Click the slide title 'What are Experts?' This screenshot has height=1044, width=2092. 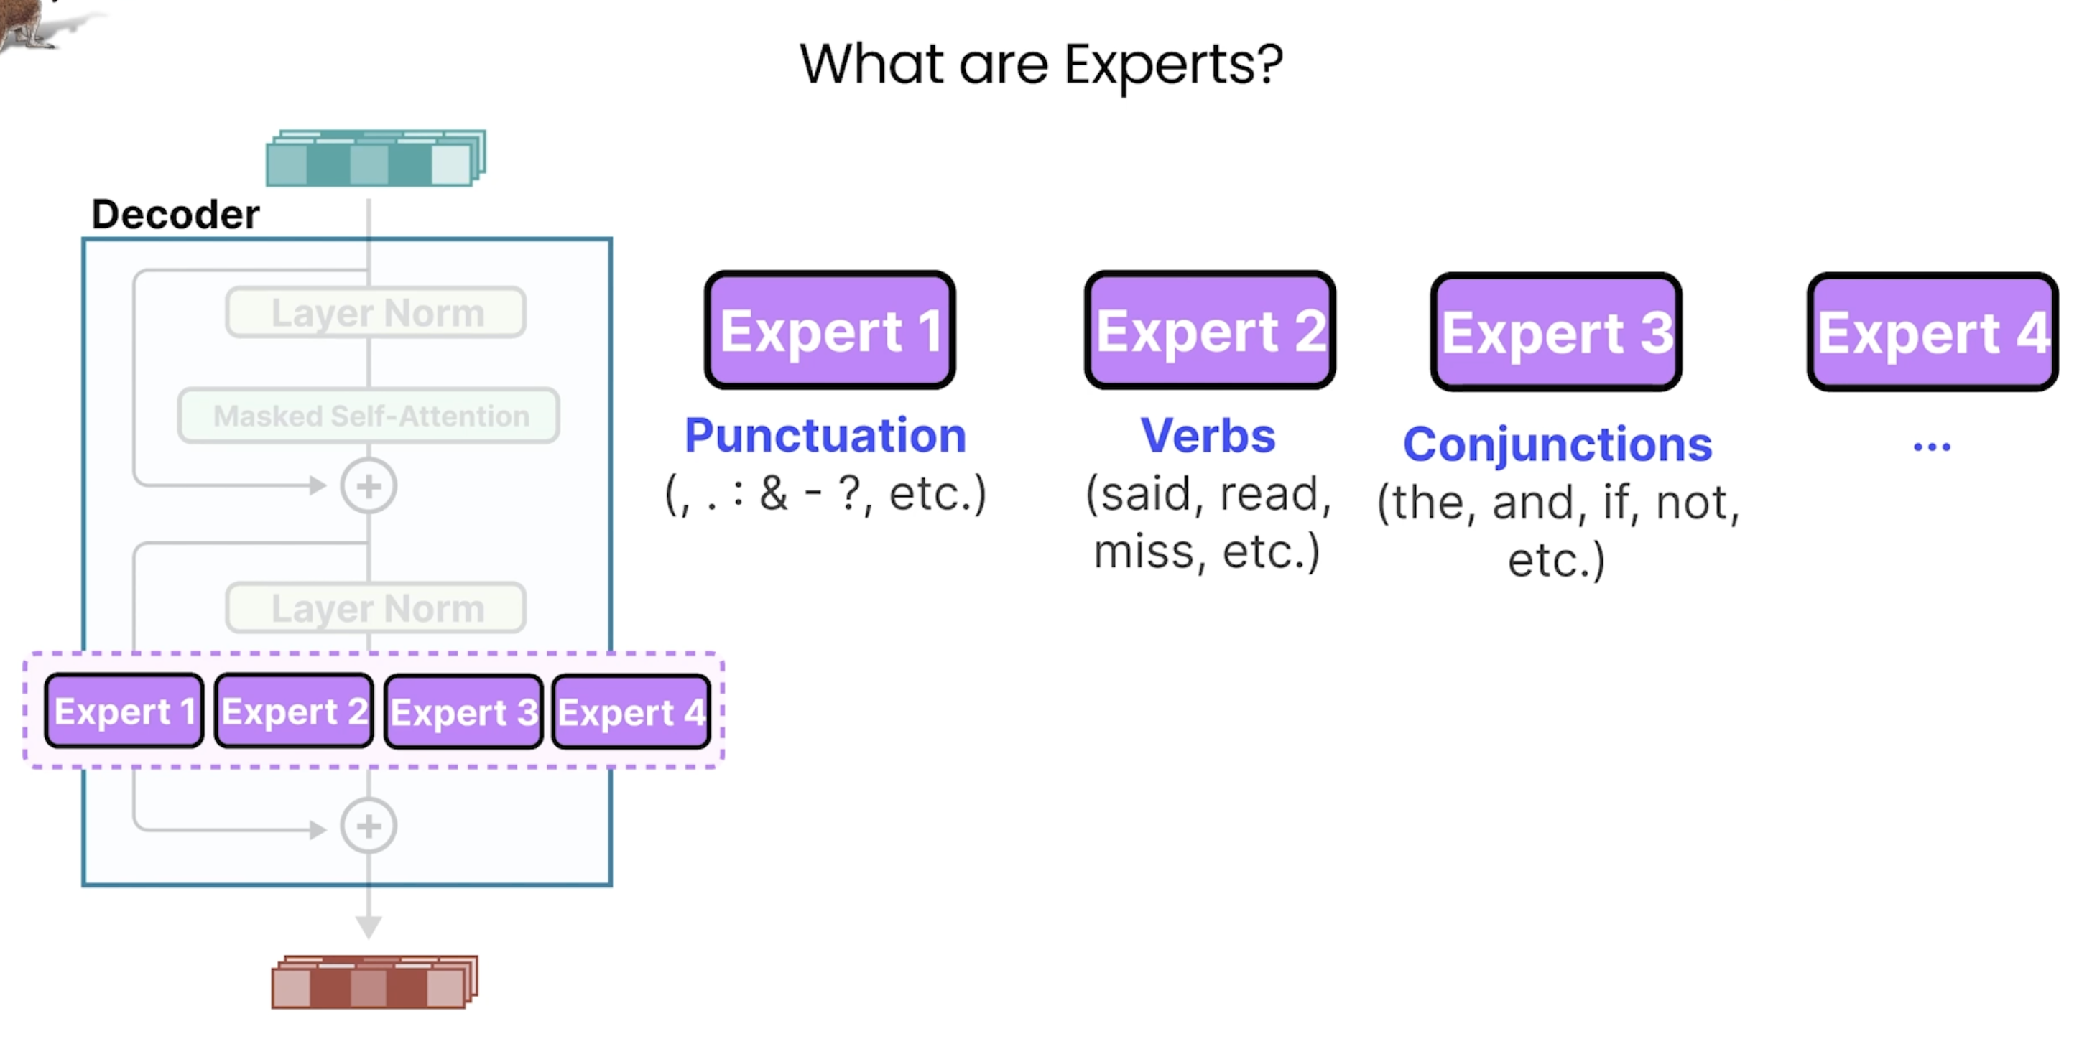(x=1041, y=65)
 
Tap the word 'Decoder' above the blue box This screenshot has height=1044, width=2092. (x=175, y=214)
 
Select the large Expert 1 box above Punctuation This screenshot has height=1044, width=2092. (x=830, y=330)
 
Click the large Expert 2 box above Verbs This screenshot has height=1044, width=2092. (x=1210, y=330)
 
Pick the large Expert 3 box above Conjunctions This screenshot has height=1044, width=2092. (x=1556, y=331)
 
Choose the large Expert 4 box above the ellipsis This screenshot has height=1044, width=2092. (x=1933, y=331)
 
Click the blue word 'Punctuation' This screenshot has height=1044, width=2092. (x=825, y=435)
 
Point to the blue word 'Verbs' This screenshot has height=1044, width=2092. (x=1208, y=435)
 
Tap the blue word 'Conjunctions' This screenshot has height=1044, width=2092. (x=1558, y=445)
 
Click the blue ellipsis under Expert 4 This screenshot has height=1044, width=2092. (x=1932, y=446)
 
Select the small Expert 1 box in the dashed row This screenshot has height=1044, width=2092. (x=124, y=710)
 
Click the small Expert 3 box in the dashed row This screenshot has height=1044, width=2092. (x=463, y=711)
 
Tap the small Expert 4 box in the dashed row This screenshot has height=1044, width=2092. (x=631, y=711)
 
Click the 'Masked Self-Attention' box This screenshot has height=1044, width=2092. (x=369, y=416)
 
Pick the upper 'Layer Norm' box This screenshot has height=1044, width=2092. (x=376, y=312)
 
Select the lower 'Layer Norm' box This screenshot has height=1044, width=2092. (x=376, y=607)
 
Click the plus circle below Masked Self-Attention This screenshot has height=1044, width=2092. (x=369, y=486)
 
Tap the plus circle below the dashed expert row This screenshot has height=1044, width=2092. (x=369, y=826)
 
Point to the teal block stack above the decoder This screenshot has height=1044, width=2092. (x=376, y=157)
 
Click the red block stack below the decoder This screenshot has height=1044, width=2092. (x=374, y=982)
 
